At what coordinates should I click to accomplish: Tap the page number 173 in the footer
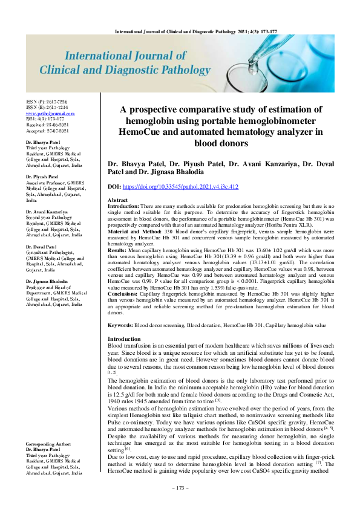(180, 488)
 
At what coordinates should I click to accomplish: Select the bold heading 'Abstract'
(117, 200)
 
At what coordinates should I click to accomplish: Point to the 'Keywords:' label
(120, 325)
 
